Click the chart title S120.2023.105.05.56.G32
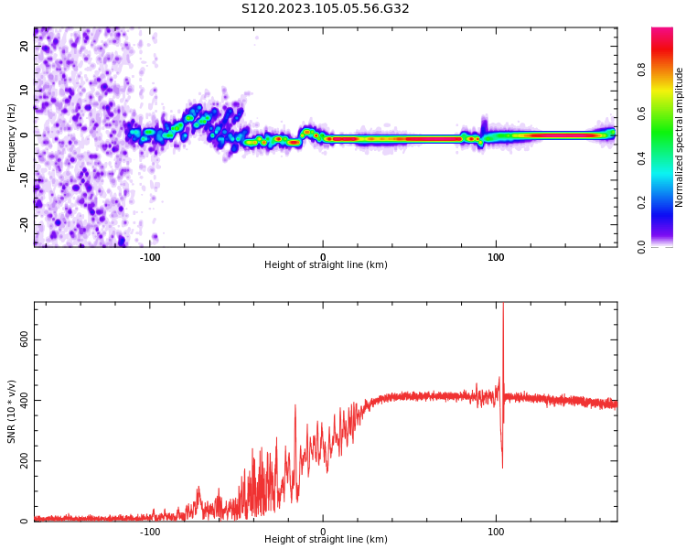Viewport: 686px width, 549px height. (325, 9)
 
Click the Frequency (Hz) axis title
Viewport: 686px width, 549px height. (12, 136)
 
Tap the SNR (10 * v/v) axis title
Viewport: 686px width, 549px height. (12, 411)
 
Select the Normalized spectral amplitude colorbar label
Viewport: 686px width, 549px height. (680, 136)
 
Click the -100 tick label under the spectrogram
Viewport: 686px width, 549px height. (150, 257)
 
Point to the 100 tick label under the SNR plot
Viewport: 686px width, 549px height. (496, 532)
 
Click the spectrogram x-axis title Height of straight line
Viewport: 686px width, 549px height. (326, 265)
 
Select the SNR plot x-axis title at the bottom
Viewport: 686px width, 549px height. (326, 540)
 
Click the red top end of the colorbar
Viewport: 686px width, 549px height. (661, 33)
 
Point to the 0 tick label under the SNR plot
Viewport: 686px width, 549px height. (323, 532)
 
